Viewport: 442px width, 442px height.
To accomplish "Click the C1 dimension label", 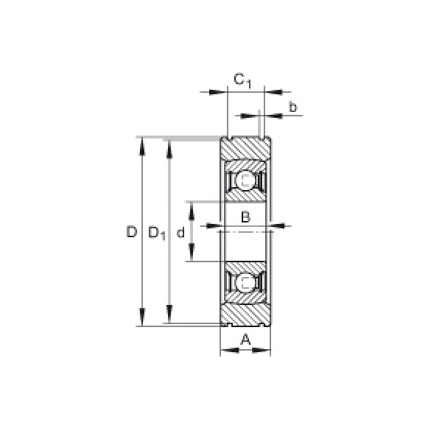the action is tap(242, 80).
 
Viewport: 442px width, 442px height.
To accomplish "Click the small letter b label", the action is tap(293, 107).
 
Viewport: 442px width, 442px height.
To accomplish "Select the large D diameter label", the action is tap(131, 232).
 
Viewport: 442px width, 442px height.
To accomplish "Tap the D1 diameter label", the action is tap(157, 234).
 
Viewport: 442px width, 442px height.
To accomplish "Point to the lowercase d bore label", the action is tap(180, 232).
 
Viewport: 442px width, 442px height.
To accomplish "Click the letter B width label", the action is tap(245, 217).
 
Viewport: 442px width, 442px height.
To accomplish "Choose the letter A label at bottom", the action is tap(245, 339).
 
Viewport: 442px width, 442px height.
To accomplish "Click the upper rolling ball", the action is tap(245, 180).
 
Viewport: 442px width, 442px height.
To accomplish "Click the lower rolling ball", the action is tap(245, 283).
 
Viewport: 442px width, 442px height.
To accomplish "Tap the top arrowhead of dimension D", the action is tap(142, 146).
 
